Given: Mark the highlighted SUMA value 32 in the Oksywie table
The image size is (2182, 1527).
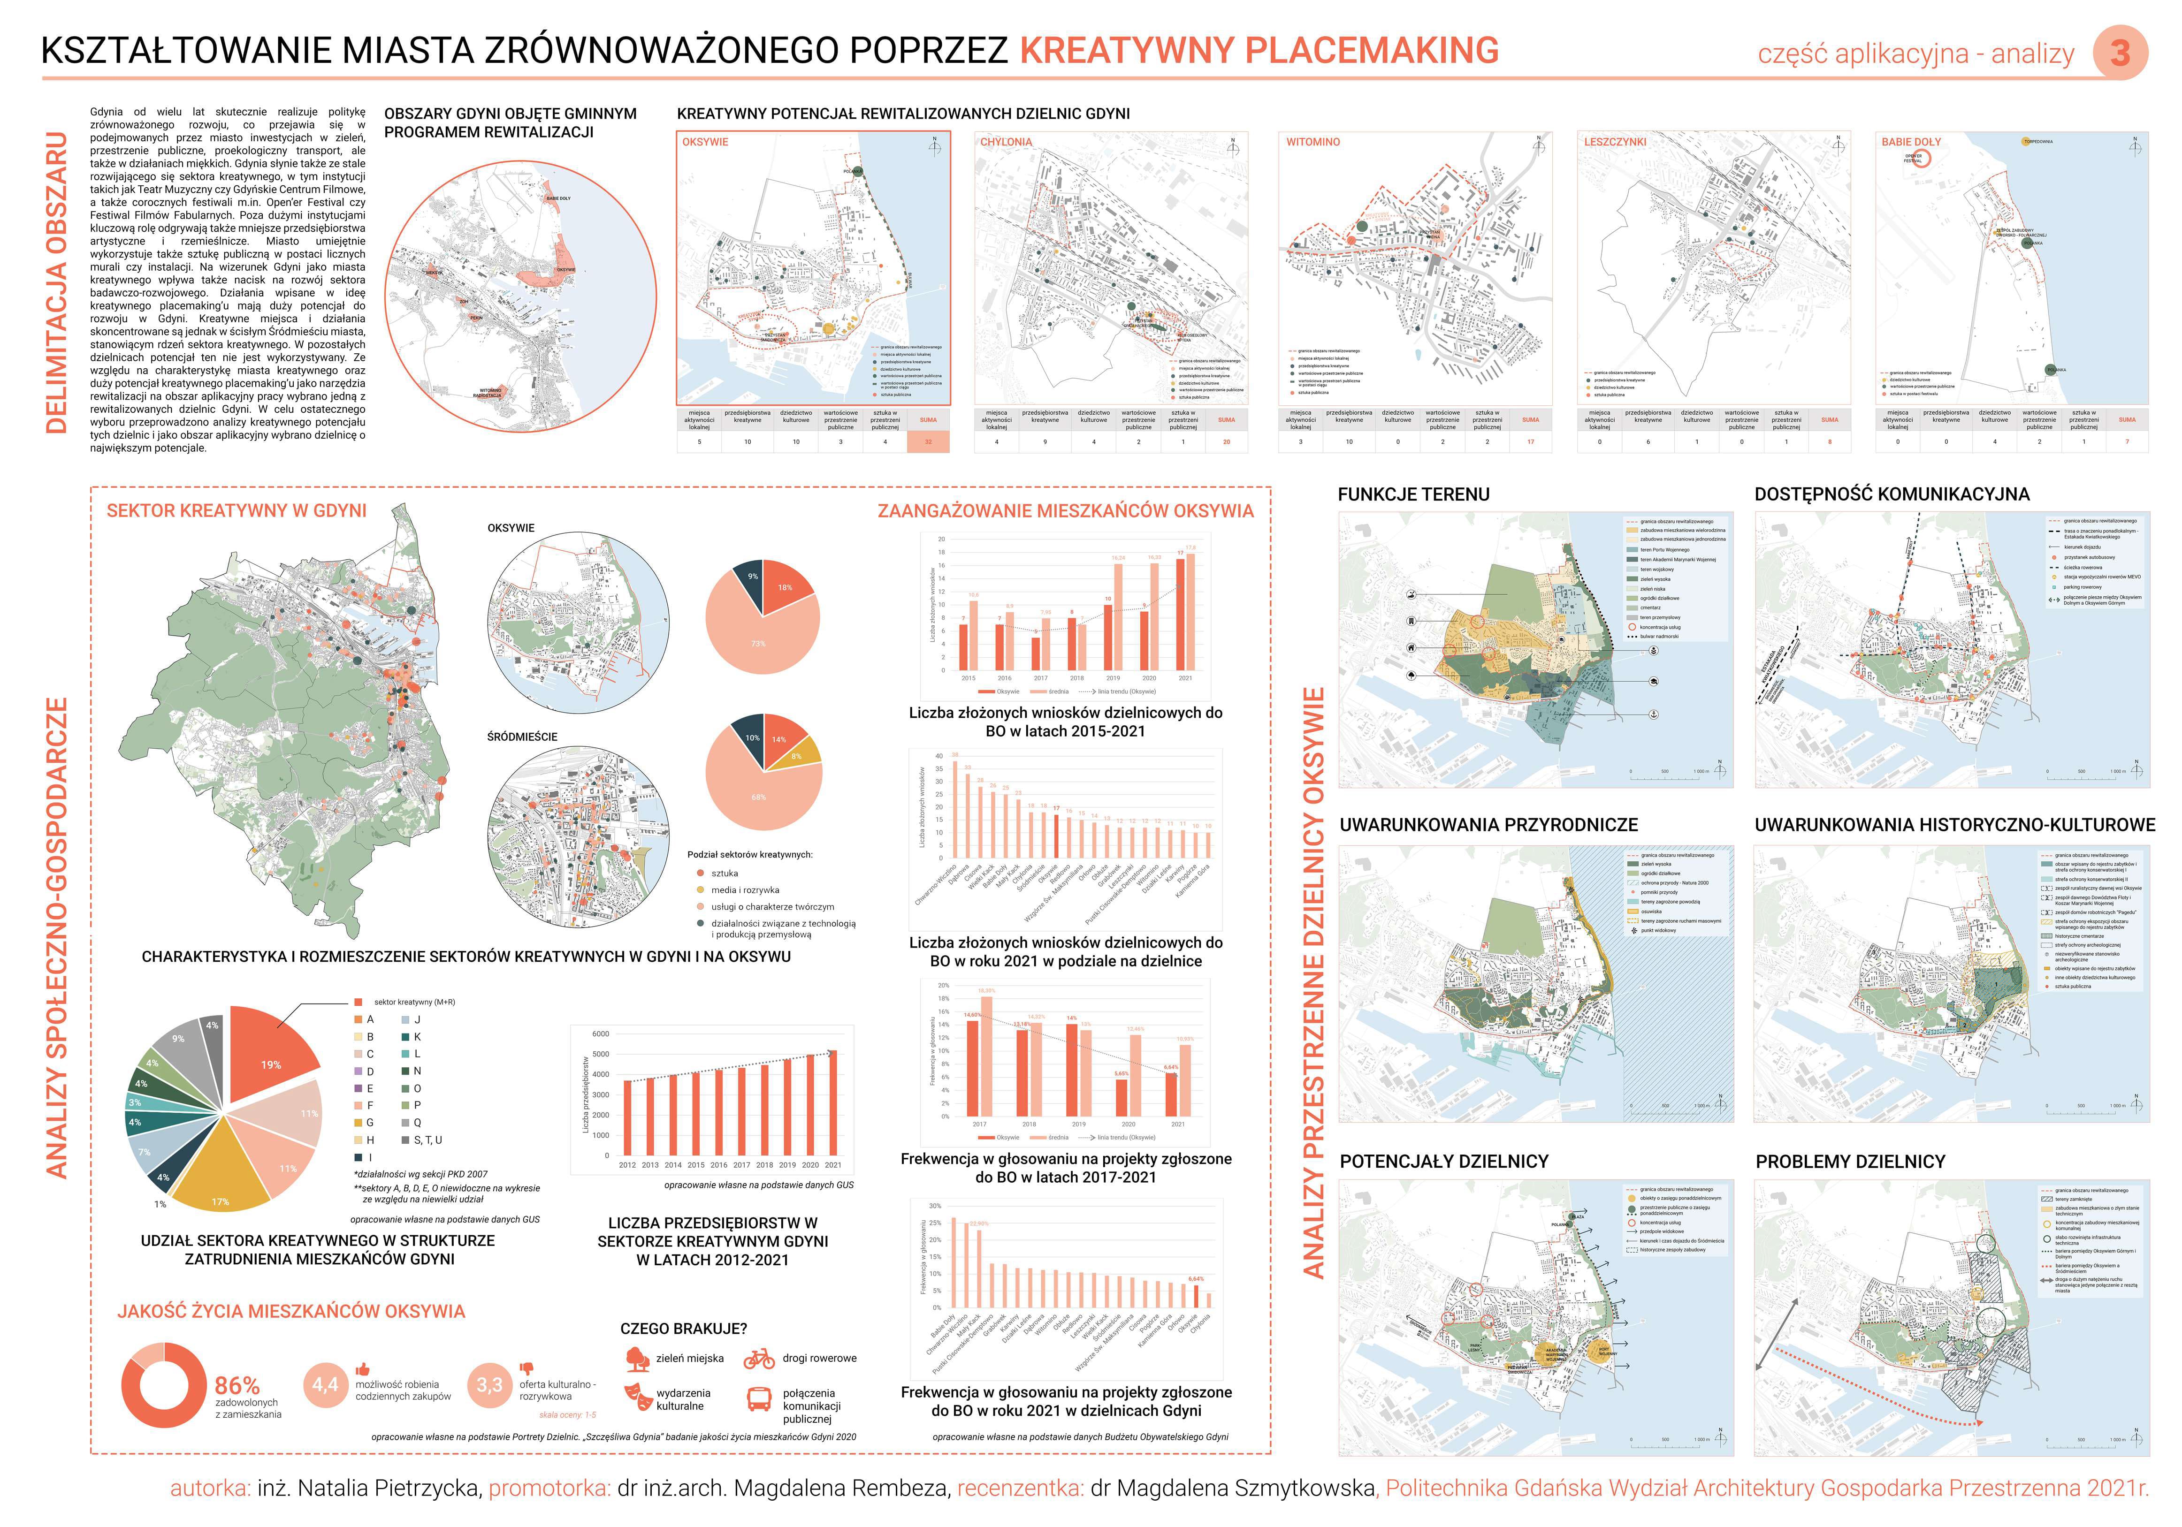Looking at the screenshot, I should tap(928, 442).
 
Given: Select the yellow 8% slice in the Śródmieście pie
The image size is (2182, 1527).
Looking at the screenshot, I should tap(798, 755).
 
